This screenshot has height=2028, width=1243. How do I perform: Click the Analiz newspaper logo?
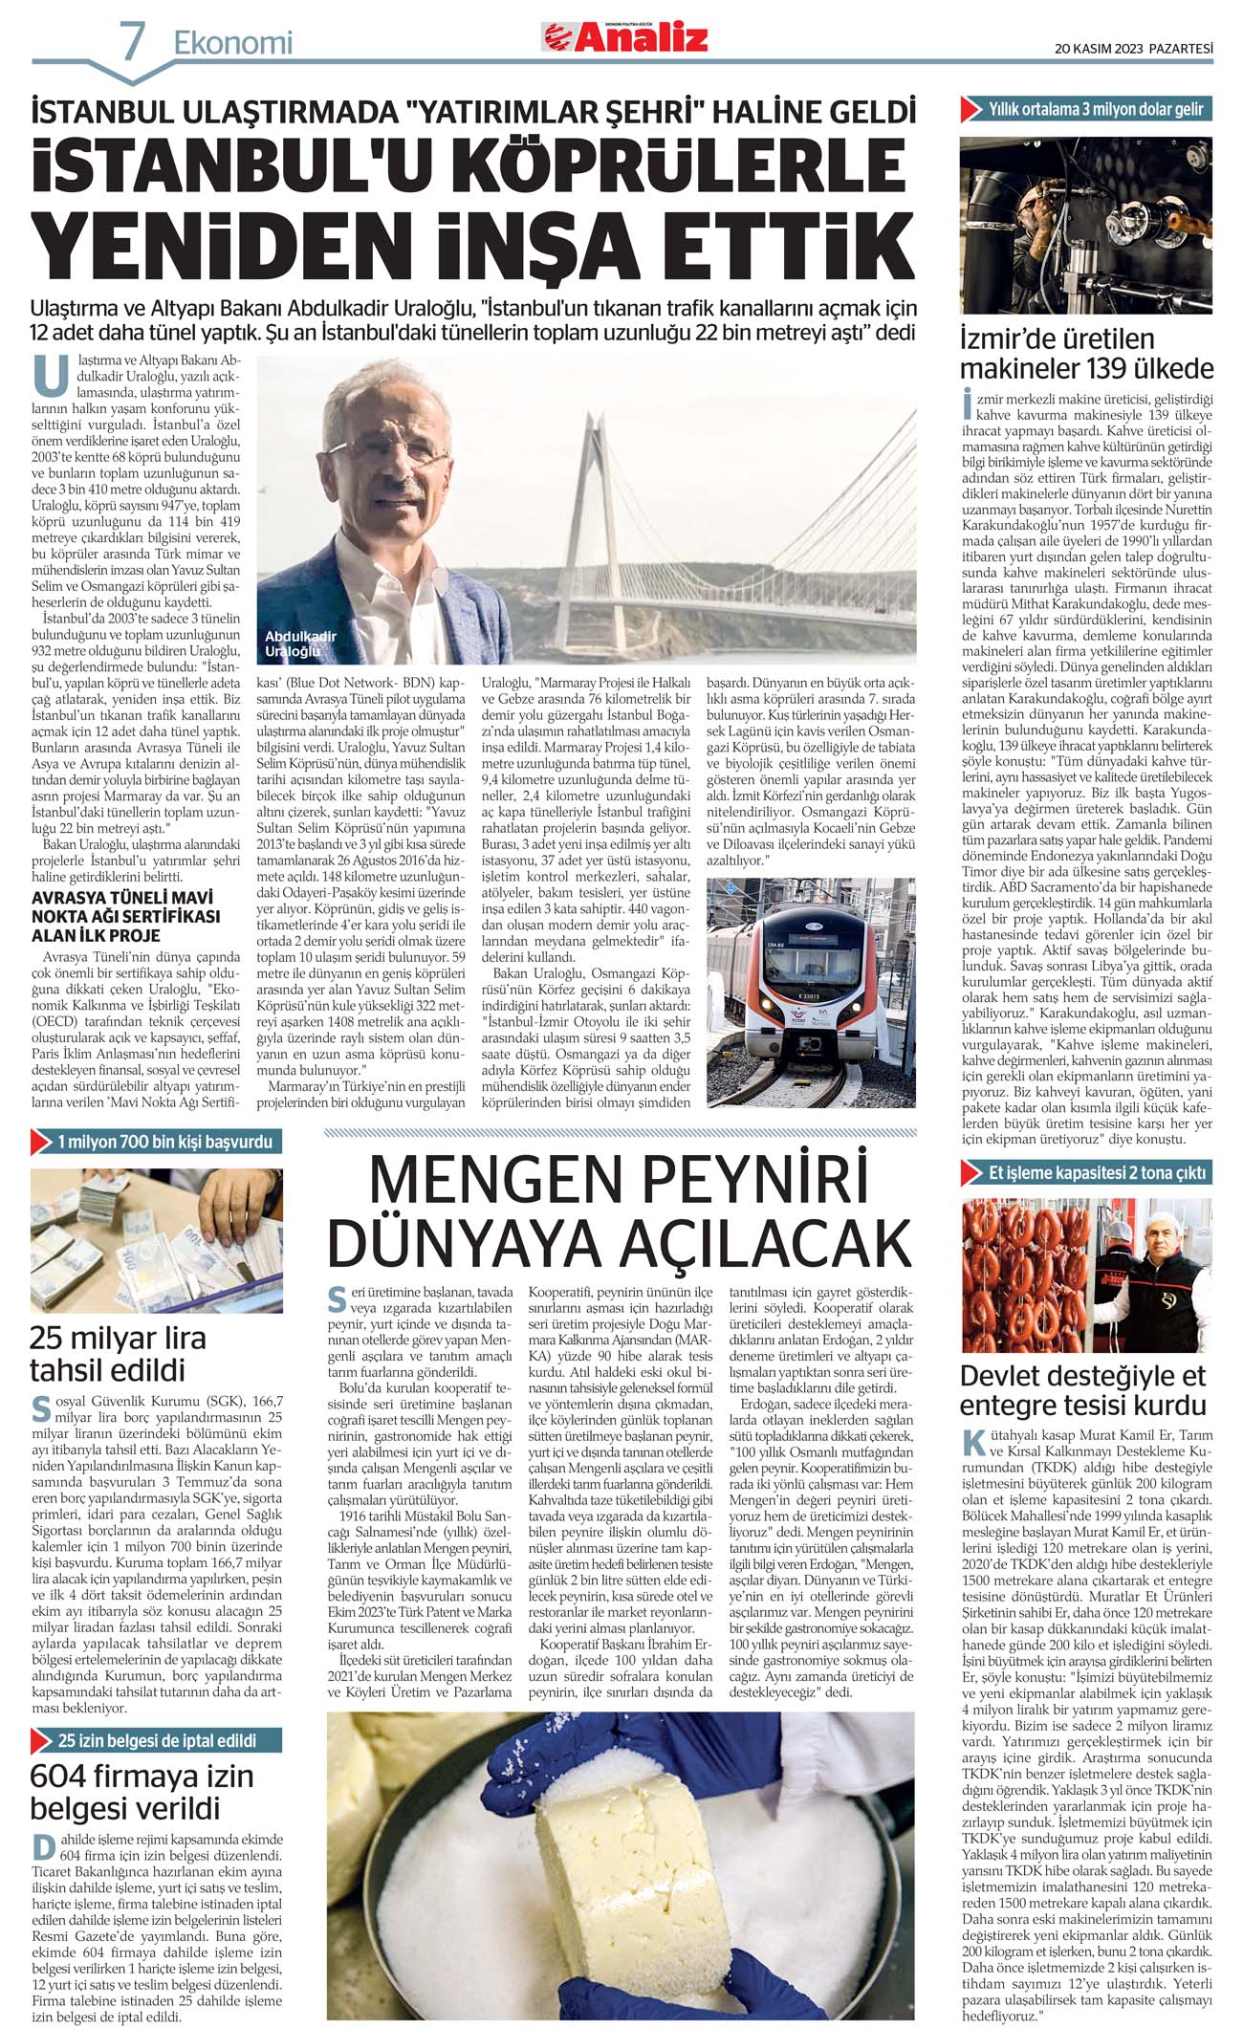(x=626, y=37)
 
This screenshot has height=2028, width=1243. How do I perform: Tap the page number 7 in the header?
(x=133, y=41)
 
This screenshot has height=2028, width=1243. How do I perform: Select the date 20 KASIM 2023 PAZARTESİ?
(x=1133, y=48)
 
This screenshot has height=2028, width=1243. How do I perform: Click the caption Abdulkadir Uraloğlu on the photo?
(x=300, y=643)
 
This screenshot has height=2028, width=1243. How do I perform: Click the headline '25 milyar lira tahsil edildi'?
(x=118, y=1353)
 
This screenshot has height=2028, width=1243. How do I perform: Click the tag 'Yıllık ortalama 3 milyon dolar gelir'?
(x=1086, y=109)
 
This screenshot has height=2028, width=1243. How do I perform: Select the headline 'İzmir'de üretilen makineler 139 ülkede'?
(x=1086, y=354)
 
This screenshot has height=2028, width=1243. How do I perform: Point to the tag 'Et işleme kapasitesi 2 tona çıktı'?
(x=1086, y=1172)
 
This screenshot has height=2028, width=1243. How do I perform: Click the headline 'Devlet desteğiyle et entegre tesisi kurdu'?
(x=1083, y=1390)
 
